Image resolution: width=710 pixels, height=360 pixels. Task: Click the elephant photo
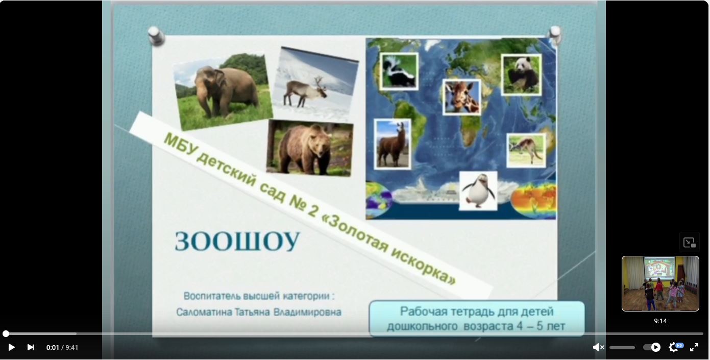223,92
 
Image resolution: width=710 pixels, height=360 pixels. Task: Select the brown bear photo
310,148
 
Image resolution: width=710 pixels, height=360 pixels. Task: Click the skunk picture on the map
399,71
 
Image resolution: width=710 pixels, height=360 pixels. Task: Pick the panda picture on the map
522,75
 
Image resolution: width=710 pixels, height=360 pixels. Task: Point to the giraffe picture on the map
461,97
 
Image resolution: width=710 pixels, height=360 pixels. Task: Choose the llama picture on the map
393,144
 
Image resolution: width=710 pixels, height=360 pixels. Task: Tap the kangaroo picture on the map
526,150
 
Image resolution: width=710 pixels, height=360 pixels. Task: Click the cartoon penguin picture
478,191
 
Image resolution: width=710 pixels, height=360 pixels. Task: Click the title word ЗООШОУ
237,242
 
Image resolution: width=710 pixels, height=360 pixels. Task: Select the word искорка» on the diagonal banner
424,265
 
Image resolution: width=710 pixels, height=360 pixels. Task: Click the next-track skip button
31,347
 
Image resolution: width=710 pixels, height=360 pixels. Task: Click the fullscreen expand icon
694,347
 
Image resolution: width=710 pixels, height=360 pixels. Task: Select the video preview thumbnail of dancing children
660,283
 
